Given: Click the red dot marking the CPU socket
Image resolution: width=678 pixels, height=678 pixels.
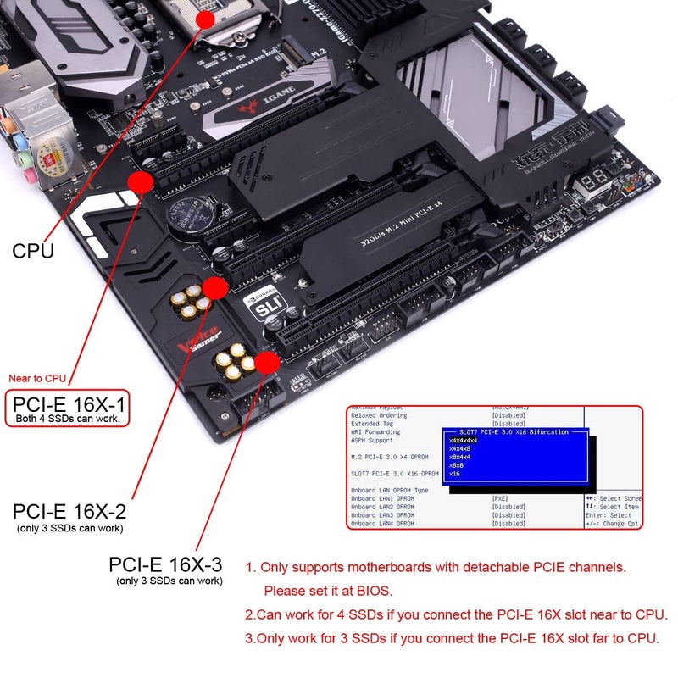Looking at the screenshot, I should coord(205,18).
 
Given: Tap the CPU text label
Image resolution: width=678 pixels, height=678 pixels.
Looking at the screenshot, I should coord(33,251).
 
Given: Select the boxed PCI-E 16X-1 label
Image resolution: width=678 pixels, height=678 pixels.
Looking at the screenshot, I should coord(68,407).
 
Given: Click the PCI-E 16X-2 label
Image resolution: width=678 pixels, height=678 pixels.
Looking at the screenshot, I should coord(69,512).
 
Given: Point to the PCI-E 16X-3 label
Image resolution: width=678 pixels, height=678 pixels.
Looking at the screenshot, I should coord(166,565).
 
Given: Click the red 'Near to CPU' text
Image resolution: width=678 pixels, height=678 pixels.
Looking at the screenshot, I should coord(37,378).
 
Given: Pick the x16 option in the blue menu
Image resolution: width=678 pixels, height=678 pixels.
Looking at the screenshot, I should coord(454,474).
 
